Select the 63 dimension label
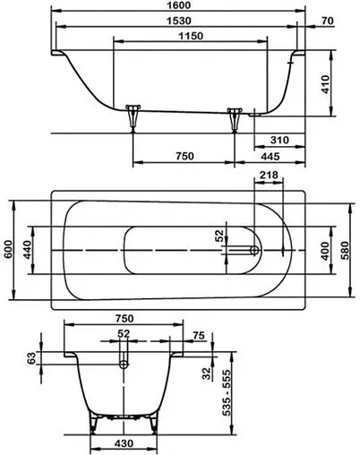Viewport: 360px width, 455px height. [32, 359]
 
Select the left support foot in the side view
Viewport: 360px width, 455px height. [135, 116]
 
